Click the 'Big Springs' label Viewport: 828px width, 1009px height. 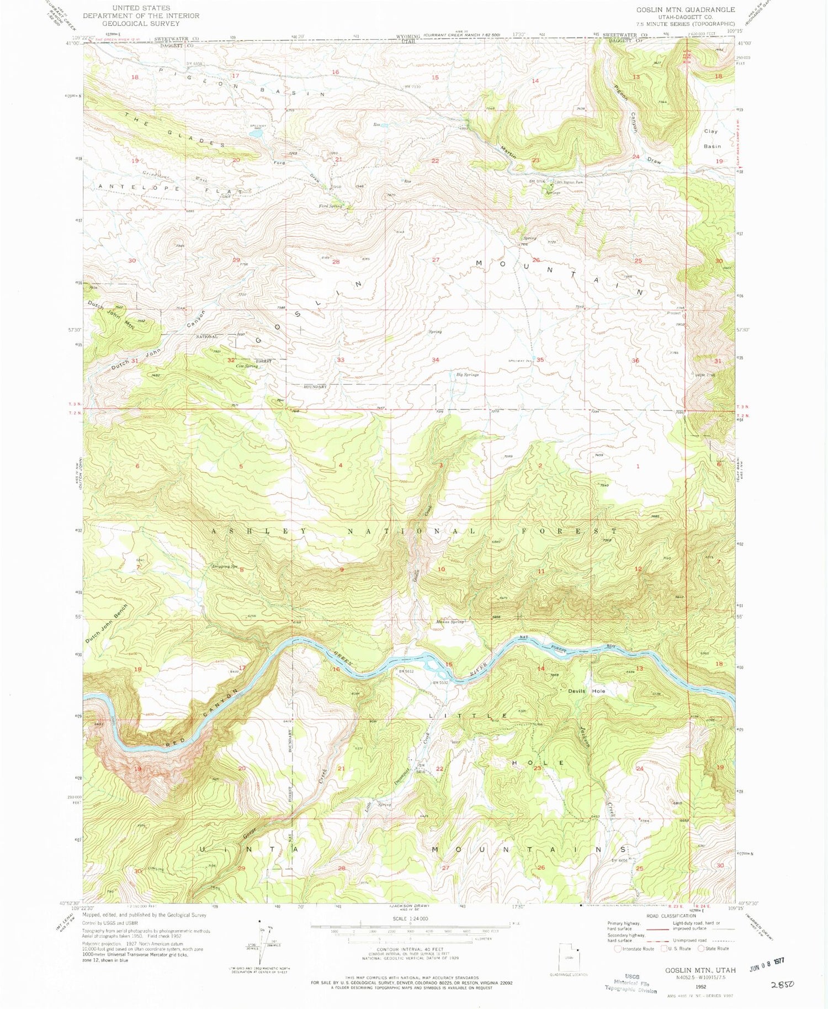(x=467, y=374)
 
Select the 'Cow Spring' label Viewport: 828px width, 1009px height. (x=247, y=366)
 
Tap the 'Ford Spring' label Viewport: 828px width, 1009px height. (x=330, y=206)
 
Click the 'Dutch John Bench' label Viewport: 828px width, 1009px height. (x=107, y=623)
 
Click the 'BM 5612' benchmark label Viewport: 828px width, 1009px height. (x=406, y=672)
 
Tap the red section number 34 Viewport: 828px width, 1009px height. (x=435, y=360)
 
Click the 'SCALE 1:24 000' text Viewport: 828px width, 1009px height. (x=410, y=918)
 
